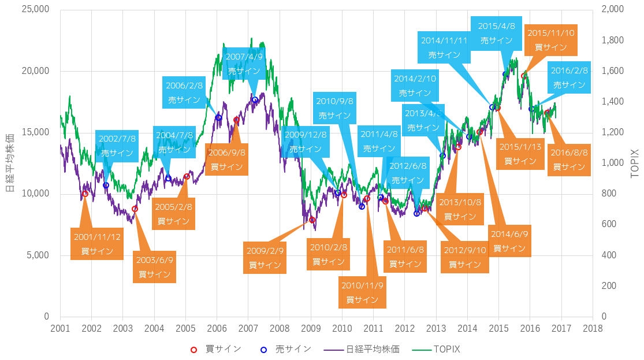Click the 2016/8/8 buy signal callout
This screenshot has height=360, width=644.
[x=569, y=159]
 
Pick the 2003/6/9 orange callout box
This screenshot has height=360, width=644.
[x=154, y=266]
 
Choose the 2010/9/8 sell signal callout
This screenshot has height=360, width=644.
[x=335, y=108]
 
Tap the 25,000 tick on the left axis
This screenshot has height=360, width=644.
[x=36, y=10]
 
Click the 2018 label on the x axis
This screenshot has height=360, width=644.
[x=593, y=328]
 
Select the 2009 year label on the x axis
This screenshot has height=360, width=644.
[x=311, y=328]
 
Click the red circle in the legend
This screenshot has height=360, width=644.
[x=194, y=349]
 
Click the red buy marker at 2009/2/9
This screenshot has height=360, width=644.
[x=312, y=220]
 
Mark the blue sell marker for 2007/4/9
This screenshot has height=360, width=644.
[x=255, y=100]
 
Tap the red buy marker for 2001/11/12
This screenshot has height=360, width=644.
[x=85, y=194]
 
